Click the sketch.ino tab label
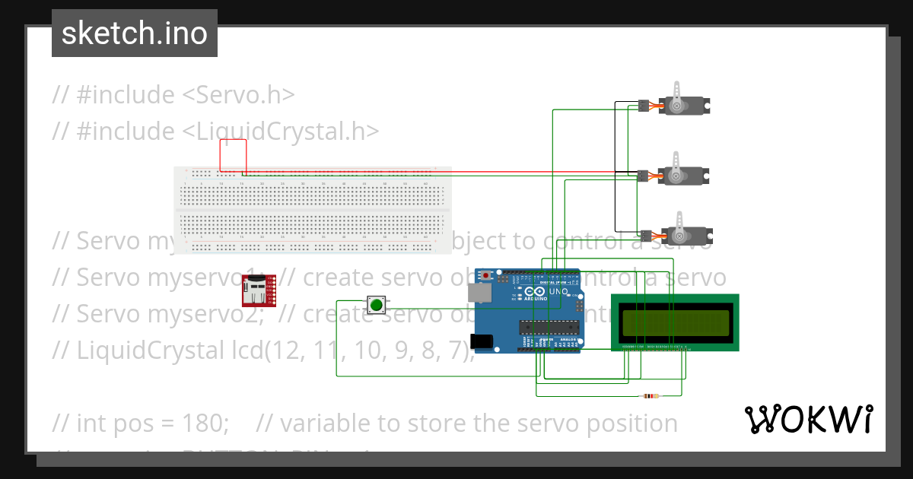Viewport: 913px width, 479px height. pyautogui.click(x=135, y=33)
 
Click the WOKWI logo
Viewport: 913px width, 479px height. pyautogui.click(x=808, y=419)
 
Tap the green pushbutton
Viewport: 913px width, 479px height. pyautogui.click(x=376, y=306)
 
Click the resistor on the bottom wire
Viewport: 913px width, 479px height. pyautogui.click(x=650, y=396)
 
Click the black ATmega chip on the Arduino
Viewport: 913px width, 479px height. pyautogui.click(x=546, y=328)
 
